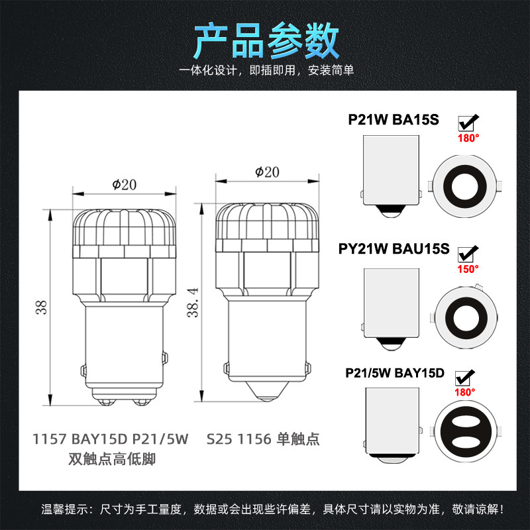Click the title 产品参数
pyautogui.click(x=266, y=41)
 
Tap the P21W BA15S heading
pyautogui.click(x=394, y=120)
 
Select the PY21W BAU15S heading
pyautogui.click(x=394, y=249)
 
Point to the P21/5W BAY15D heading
pyautogui.click(x=394, y=373)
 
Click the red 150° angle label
pyautogui.click(x=468, y=269)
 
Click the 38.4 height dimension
pyautogui.click(x=193, y=303)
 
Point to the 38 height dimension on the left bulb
pyautogui.click(x=41, y=307)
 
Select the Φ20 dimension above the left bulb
pyautogui.click(x=125, y=185)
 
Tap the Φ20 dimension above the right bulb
pyautogui.click(x=267, y=172)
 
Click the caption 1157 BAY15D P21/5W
pyautogui.click(x=110, y=439)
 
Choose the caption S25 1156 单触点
pyautogui.click(x=263, y=439)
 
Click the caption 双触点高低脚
pyautogui.click(x=112, y=459)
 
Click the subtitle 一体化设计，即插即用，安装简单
pyautogui.click(x=266, y=70)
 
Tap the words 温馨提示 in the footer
pyautogui.click(x=64, y=509)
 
